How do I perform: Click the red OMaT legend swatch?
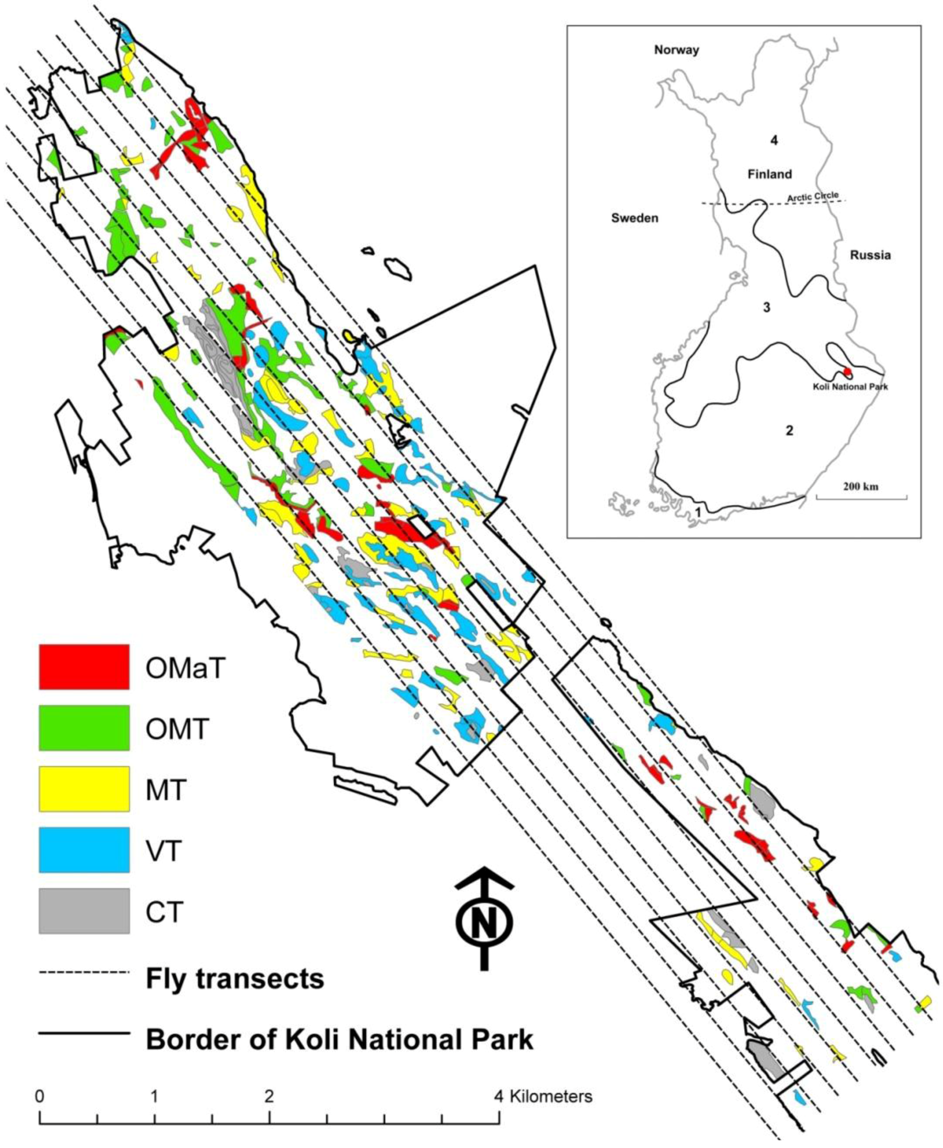(84, 667)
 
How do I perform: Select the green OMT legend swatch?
(84, 728)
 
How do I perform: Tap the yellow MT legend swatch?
(84, 788)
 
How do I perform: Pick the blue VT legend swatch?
(84, 849)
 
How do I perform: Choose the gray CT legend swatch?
(84, 911)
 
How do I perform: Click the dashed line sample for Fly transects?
(84, 972)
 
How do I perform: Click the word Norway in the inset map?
(676, 50)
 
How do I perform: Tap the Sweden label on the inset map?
(634, 218)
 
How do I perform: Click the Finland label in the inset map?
(770, 174)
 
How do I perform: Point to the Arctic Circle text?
(813, 197)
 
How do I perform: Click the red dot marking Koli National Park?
(847, 372)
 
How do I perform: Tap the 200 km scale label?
(861, 486)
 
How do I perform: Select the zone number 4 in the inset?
(774, 141)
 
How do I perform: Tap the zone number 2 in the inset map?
(789, 431)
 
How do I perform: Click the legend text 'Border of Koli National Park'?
(339, 1040)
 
